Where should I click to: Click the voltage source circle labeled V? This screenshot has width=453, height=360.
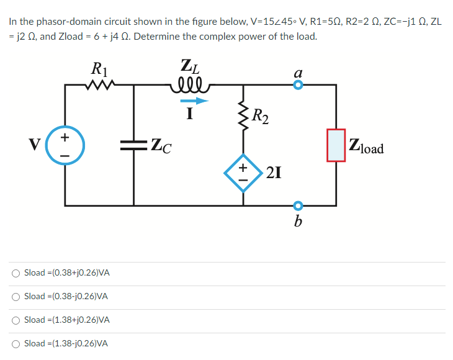point(65,146)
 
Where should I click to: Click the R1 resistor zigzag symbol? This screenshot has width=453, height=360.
point(99,84)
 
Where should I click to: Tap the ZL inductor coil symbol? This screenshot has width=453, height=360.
point(187,84)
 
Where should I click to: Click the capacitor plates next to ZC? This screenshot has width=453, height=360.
point(133,146)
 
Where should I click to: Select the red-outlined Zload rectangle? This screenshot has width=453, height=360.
point(336,145)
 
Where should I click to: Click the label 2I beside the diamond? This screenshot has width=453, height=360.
point(274,173)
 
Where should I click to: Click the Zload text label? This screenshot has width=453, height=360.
point(367,148)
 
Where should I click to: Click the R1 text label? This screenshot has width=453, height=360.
point(99,66)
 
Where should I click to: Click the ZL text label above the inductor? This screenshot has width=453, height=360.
point(189,65)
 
